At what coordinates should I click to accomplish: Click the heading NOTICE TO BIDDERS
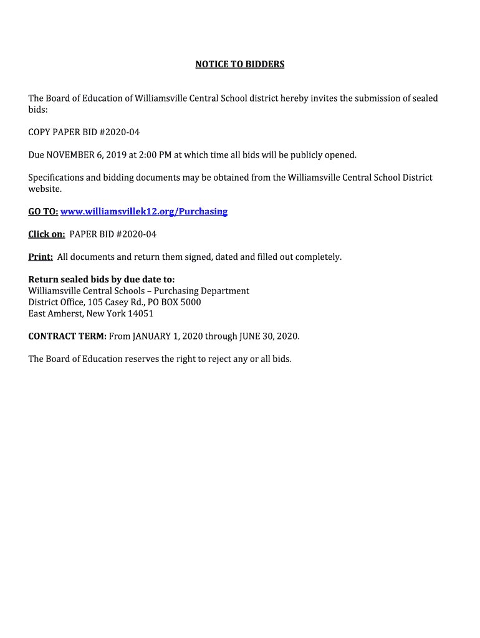click(239, 64)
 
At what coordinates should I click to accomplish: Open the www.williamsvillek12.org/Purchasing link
click(144, 211)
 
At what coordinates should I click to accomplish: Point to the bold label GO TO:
click(43, 211)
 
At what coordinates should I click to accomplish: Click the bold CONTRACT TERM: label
click(67, 336)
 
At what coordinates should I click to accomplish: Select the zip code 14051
click(140, 313)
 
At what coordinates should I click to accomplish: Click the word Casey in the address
click(118, 302)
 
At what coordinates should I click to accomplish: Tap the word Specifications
click(55, 178)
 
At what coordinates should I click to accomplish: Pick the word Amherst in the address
click(65, 313)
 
